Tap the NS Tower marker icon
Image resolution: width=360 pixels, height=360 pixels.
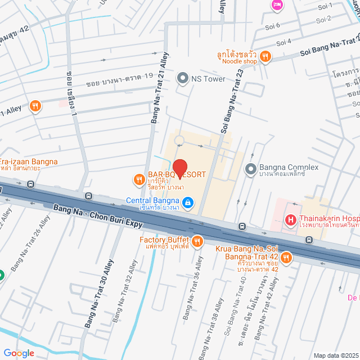(182, 79)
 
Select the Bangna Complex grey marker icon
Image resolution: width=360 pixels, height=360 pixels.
(250, 168)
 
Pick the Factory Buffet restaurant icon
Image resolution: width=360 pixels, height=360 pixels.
(197, 242)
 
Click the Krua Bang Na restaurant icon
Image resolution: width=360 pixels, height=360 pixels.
(286, 258)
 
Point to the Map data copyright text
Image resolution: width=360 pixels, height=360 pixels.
(336, 355)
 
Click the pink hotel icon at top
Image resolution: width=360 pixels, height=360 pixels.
(277, 5)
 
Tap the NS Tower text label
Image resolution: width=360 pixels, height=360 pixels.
(208, 79)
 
